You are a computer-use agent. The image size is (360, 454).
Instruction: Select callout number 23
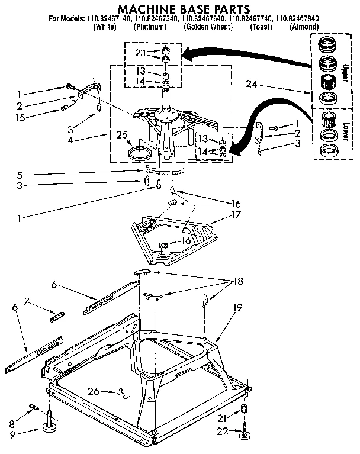click(x=140, y=53)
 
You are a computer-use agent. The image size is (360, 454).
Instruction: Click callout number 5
click(x=20, y=175)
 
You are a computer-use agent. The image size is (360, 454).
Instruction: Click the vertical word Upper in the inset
click(x=346, y=69)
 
